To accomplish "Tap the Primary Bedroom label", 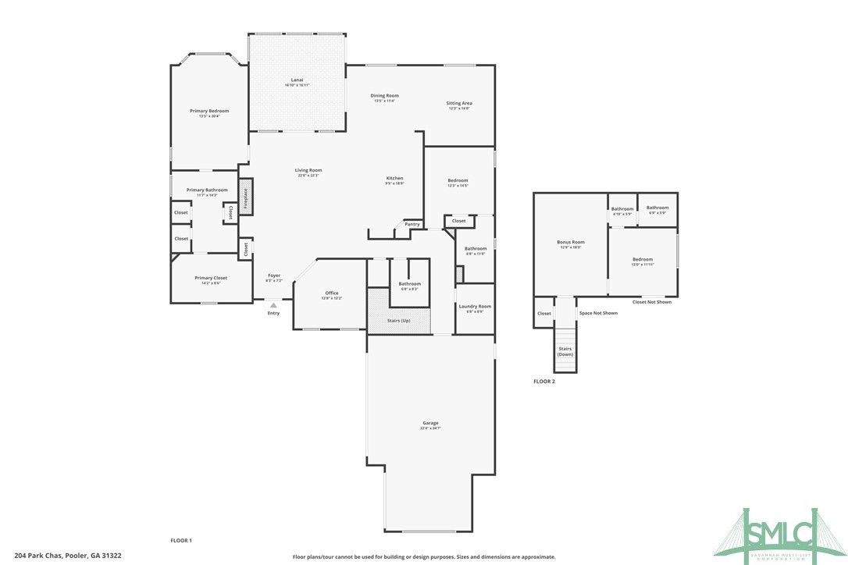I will [209, 112].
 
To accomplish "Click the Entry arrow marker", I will [273, 305].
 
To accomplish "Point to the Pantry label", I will [412, 225].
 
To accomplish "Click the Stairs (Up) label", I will [398, 321].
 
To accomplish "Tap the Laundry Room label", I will [474, 307].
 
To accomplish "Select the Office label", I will [332, 293].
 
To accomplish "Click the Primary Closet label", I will [211, 278].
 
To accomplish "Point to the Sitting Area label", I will [459, 104].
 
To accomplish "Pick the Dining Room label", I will [385, 96].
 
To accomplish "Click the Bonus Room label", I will [570, 243].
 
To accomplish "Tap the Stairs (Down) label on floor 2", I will [565, 352].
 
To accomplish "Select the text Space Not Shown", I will [598, 313].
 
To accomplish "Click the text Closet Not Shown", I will [651, 302].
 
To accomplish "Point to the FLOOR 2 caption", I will [543, 382].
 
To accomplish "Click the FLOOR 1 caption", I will [181, 540].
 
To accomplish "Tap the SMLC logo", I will [783, 535].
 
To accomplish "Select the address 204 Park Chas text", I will [68, 556].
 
